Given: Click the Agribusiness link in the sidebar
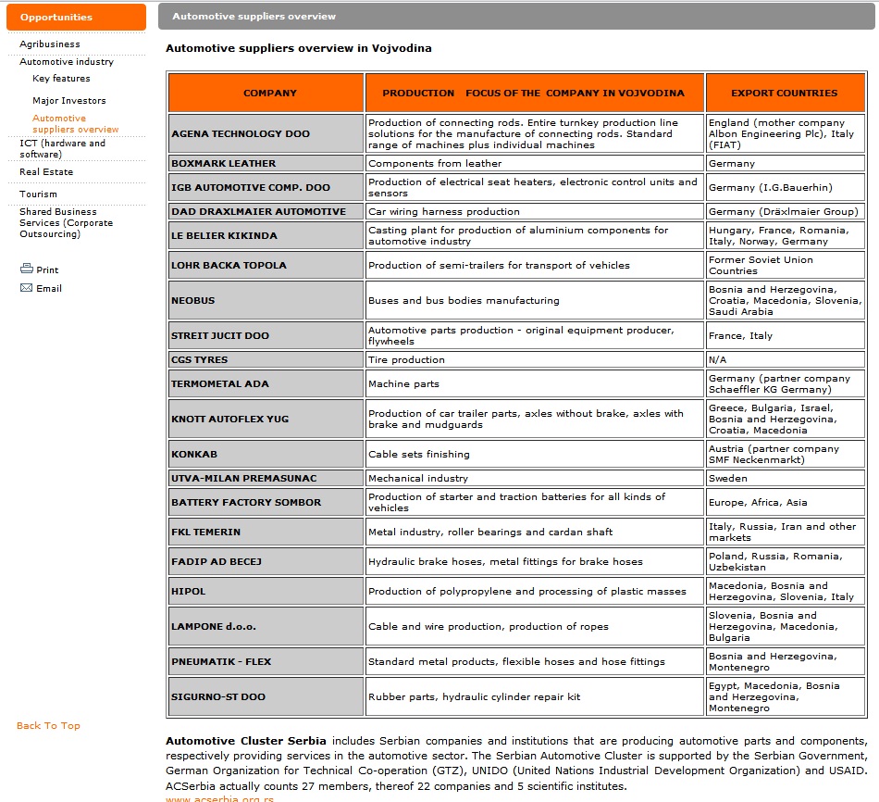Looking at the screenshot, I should click(x=50, y=44).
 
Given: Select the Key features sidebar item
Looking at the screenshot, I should click(x=61, y=79).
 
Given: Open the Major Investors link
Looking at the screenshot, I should click(x=69, y=100).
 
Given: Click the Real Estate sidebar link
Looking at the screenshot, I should click(x=46, y=171).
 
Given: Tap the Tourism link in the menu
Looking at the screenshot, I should click(x=38, y=194).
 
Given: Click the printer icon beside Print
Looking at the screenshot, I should click(x=26, y=269).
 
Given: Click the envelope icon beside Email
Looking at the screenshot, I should click(x=26, y=288).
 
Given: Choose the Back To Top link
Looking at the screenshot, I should click(x=48, y=725).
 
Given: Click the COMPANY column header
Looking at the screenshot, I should click(x=270, y=93).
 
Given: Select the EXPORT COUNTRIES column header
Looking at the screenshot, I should click(x=784, y=93).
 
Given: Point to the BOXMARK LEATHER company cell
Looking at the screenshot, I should click(x=224, y=164).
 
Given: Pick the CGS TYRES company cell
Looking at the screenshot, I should click(x=200, y=359).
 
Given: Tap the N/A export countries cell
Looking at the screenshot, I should click(x=717, y=359).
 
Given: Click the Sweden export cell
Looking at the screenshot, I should click(x=727, y=479).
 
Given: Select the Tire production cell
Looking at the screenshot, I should click(x=406, y=359).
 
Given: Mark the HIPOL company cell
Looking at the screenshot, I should click(x=189, y=592).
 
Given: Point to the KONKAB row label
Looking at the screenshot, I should click(x=194, y=455).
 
